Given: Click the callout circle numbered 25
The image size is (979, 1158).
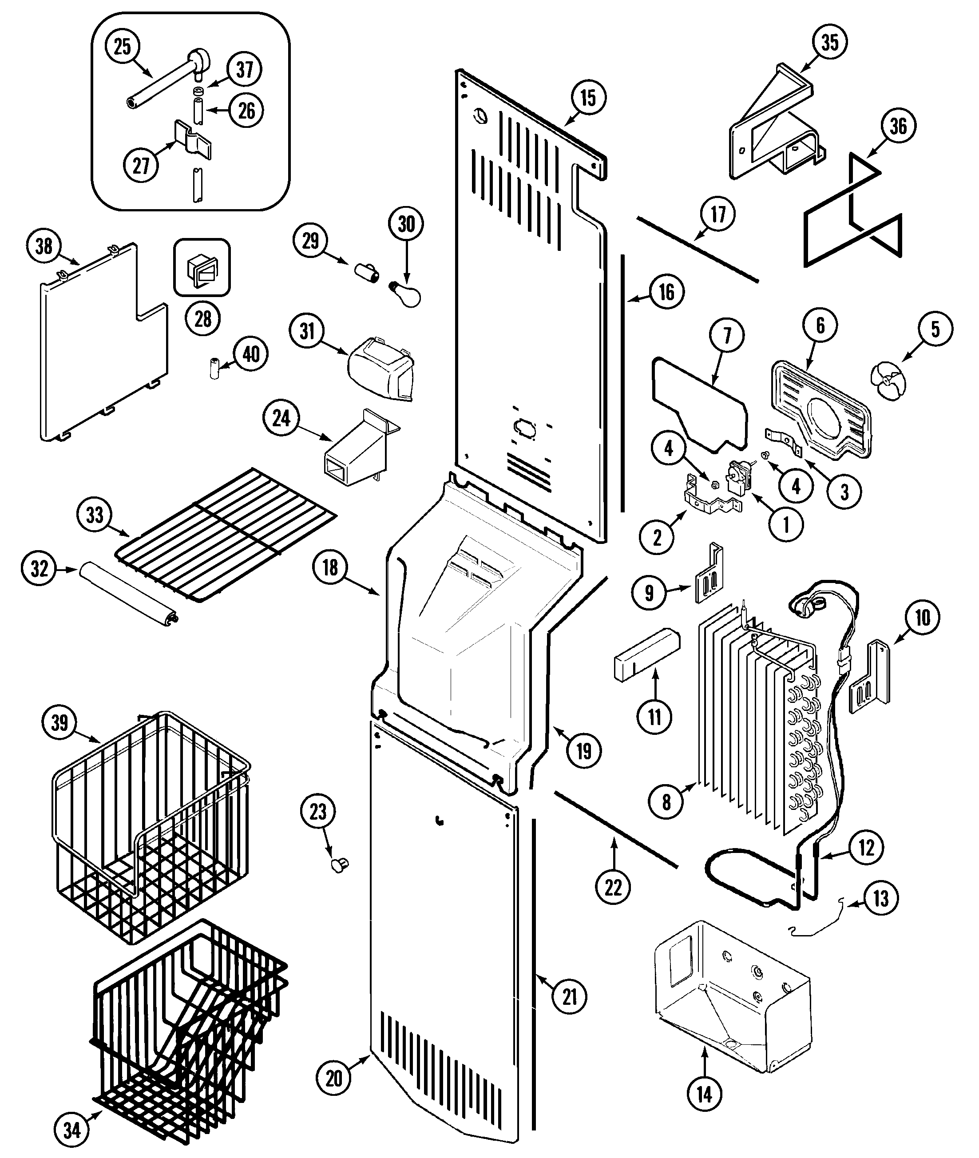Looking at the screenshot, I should tap(122, 47).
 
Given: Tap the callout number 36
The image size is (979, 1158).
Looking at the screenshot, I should tap(898, 126).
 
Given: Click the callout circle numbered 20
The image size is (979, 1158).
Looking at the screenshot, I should tap(333, 1078).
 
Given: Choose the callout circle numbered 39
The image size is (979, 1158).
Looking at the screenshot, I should tap(60, 722).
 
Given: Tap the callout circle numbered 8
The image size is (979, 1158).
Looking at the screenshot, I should tap(666, 801).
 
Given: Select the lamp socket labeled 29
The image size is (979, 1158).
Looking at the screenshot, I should tap(366, 273).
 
